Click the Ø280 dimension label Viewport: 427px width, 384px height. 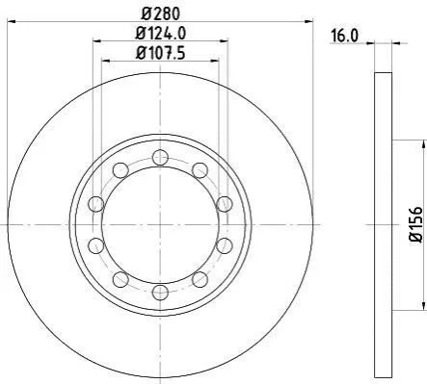pyautogui.click(x=161, y=13)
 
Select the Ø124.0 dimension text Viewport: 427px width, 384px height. pyautogui.click(x=161, y=33)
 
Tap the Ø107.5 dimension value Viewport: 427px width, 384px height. pyautogui.click(x=161, y=53)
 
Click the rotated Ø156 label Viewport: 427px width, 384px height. pyautogui.click(x=416, y=224)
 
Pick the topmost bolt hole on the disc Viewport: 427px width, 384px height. pyautogui.click(x=160, y=158)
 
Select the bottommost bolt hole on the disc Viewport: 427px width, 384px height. pyautogui.click(x=160, y=293)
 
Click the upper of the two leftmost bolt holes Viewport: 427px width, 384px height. pyautogui.click(x=96, y=204)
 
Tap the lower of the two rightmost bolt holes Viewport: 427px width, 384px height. pyautogui.click(x=225, y=245)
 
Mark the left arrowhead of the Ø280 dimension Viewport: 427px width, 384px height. pyautogui.click(x=12, y=21)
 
